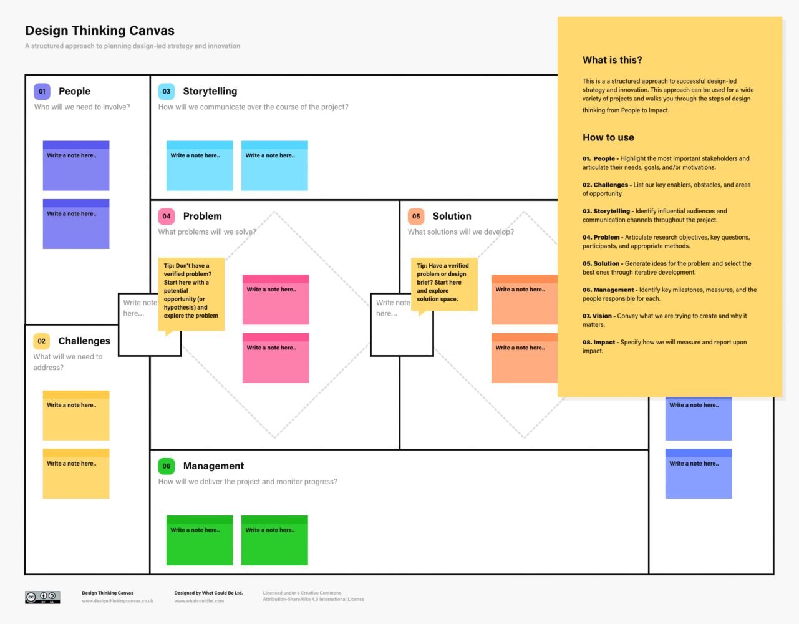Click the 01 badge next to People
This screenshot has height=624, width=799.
(42, 91)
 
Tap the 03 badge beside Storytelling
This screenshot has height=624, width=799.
(167, 91)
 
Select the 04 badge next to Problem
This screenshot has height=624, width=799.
(167, 216)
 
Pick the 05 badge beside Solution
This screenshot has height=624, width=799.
(416, 216)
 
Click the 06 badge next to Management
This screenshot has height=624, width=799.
(167, 466)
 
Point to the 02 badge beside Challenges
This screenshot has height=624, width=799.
(42, 341)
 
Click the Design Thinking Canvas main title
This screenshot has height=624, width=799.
(100, 31)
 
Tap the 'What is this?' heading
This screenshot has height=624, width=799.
(612, 60)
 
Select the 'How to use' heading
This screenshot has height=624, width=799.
(608, 137)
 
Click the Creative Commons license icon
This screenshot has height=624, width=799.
(42, 597)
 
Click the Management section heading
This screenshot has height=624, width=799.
(213, 466)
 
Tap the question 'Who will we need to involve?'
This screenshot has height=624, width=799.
(82, 107)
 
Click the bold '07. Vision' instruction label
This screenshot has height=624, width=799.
(597, 316)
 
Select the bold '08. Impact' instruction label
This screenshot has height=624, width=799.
(599, 342)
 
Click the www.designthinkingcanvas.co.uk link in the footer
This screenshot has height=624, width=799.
(117, 601)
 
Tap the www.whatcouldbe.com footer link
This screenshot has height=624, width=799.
(199, 601)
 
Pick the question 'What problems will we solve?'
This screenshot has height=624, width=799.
(207, 232)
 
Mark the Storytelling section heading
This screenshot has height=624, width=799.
(210, 91)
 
